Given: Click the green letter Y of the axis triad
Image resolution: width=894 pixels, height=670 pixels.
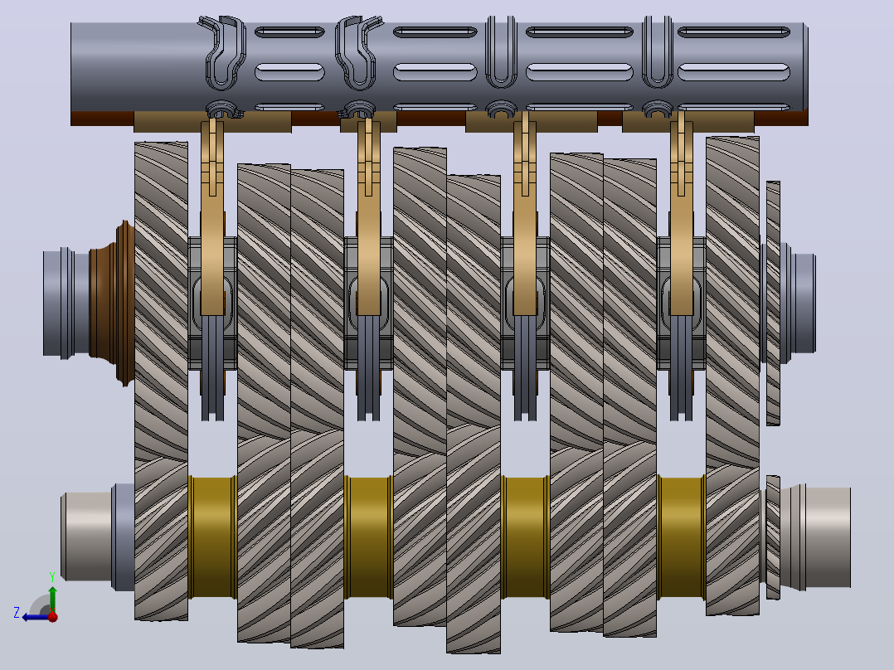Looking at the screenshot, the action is coord(52,577).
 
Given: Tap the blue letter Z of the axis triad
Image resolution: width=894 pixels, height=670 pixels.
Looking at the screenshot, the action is coord(17,613).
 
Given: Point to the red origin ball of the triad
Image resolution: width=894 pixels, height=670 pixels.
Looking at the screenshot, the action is coord(52,616).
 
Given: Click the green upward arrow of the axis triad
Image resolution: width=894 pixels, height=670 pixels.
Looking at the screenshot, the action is coord(52,599).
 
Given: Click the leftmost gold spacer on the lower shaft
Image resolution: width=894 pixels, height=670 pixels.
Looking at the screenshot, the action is coord(212,537).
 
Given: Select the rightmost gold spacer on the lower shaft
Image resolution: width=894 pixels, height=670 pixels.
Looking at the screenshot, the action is coord(681,537).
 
